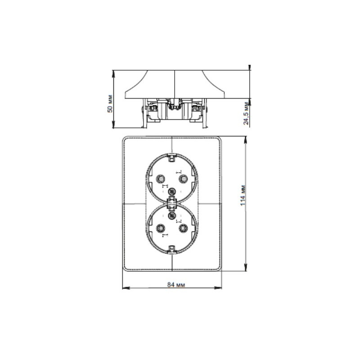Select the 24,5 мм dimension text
246,114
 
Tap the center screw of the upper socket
171,192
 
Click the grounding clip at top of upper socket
172,157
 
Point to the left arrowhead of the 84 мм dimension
125,288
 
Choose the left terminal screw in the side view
152,108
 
